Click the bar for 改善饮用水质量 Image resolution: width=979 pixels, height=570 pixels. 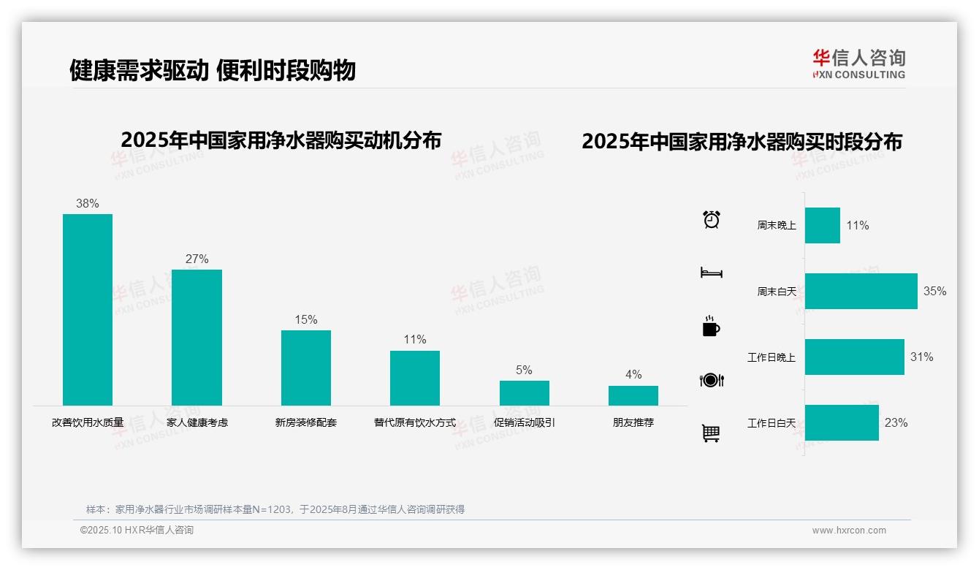pos(88,309)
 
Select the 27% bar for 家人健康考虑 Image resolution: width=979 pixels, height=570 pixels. pos(197,337)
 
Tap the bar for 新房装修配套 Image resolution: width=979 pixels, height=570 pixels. pos(306,368)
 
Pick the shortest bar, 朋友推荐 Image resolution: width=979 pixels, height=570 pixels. pos(633,395)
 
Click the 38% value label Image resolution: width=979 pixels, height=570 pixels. pos(88,204)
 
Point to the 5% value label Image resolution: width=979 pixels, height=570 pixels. pos(524,370)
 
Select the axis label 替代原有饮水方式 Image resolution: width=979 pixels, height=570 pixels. pos(415,422)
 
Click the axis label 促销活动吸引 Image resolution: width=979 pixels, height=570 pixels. pos(524,422)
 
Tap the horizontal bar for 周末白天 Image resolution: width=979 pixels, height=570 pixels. pos(861,291)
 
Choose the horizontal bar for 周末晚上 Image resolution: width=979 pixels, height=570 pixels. pos(822,225)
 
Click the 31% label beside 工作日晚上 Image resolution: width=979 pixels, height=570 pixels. pos(921,357)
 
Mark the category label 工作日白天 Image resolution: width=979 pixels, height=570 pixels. pos(772,423)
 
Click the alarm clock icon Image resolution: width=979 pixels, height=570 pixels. pos(712,219)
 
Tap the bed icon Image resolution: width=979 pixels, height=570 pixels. pos(712,273)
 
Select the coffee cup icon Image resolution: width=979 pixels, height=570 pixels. pos(711,327)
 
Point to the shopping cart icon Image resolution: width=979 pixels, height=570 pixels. pos(711,433)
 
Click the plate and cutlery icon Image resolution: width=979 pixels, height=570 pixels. pos(712,380)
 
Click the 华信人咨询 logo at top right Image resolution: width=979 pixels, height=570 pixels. pos(858,64)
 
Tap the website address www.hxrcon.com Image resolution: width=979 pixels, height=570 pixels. pos(849,531)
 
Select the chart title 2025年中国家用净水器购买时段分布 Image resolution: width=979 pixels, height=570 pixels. pos(742,142)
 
